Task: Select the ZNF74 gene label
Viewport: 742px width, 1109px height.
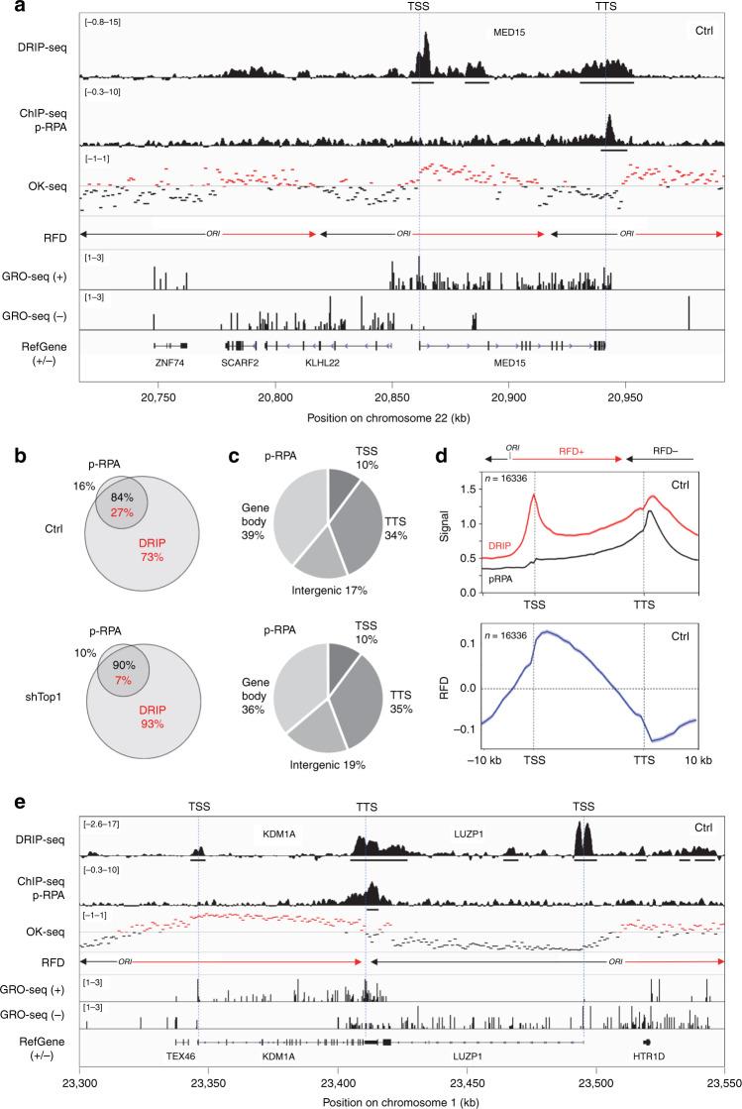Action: tap(169, 364)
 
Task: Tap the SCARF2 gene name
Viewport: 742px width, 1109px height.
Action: tap(243, 364)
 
